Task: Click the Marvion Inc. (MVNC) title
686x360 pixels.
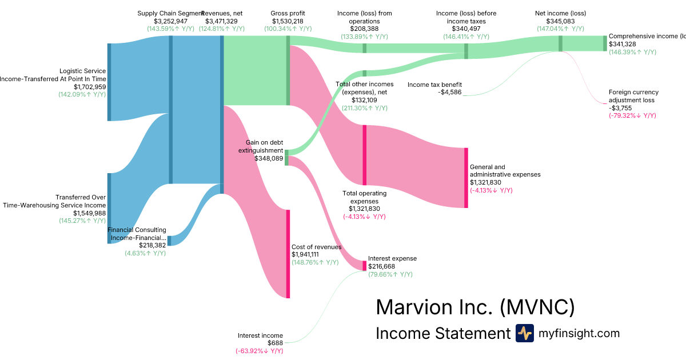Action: point(475,307)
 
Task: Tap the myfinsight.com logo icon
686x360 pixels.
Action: point(524,333)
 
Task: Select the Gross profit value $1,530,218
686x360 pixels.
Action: point(288,21)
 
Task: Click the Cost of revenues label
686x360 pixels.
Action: point(317,247)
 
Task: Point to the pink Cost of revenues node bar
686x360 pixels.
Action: point(288,254)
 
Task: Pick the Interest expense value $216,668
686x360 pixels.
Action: point(384,266)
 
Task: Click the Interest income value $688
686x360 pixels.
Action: point(275,343)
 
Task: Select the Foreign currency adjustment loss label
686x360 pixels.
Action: point(633,96)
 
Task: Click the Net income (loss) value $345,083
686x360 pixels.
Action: point(560,21)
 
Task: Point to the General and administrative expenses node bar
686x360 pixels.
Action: point(466,178)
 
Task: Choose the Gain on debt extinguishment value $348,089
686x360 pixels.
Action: point(269,158)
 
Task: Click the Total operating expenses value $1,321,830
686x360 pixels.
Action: point(364,209)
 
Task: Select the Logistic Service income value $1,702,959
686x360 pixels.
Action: point(90,87)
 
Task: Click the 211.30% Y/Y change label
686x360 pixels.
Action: point(364,107)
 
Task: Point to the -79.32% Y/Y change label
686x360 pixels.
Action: point(632,115)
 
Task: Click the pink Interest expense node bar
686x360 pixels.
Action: point(364,266)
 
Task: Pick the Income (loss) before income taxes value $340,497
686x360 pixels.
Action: point(466,29)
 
